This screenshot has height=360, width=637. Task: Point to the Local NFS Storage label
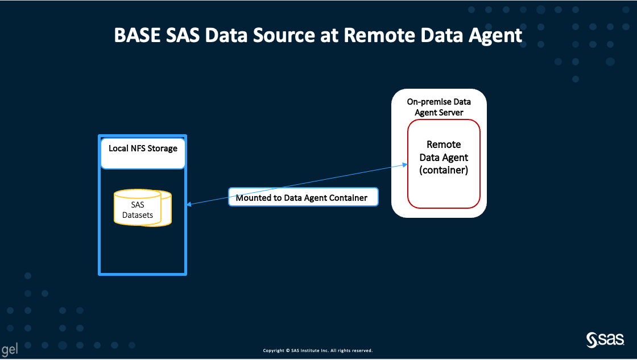pos(143,148)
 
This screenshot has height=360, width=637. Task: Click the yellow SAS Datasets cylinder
pos(142,209)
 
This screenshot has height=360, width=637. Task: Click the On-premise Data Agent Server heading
pos(439,107)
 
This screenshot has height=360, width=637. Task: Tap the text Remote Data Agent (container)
pos(444,157)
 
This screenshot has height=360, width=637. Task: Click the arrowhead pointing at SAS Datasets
pos(189,205)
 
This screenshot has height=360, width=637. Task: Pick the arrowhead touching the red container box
pos(404,165)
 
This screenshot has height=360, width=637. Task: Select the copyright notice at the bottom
pos(317,350)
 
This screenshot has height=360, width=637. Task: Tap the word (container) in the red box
pos(444,170)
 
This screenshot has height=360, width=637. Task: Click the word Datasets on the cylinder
pos(138,215)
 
